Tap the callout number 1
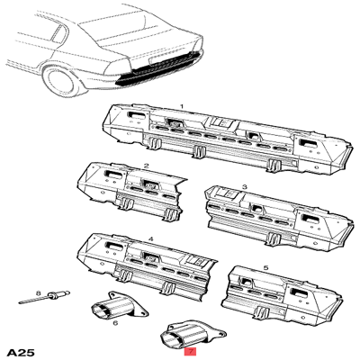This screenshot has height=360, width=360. point(182,106)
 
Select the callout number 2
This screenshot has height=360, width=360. point(146,166)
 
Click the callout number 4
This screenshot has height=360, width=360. point(150,239)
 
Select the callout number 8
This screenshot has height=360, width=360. point(38,293)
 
